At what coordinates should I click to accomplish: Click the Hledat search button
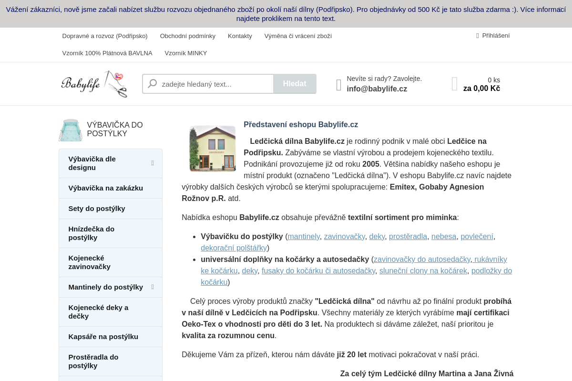pos(295,84)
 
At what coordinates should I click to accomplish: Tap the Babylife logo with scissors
pos(94,84)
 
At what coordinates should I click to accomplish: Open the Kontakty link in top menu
pos(240,36)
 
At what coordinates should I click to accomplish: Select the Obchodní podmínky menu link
pos(188,36)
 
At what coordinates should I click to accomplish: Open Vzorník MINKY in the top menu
pos(186,53)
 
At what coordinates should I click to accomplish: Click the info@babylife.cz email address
pos(377,89)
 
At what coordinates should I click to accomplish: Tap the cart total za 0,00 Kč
pos(481,89)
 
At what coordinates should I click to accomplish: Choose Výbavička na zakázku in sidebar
pos(106,188)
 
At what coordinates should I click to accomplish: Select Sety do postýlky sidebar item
pos(97,209)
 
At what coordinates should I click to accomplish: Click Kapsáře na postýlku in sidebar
pos(103,337)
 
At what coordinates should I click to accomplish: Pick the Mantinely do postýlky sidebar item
pos(106,287)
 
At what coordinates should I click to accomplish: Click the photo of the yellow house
pos(213,149)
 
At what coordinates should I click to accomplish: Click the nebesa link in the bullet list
pos(444,237)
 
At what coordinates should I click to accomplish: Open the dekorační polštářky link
pos(234,248)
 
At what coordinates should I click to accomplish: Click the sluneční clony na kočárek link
pos(423,271)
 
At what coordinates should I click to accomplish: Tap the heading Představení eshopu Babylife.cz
pos(301,125)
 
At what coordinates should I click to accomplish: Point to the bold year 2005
pos(371,164)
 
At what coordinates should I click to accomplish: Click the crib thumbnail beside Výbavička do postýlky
pos(71,130)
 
